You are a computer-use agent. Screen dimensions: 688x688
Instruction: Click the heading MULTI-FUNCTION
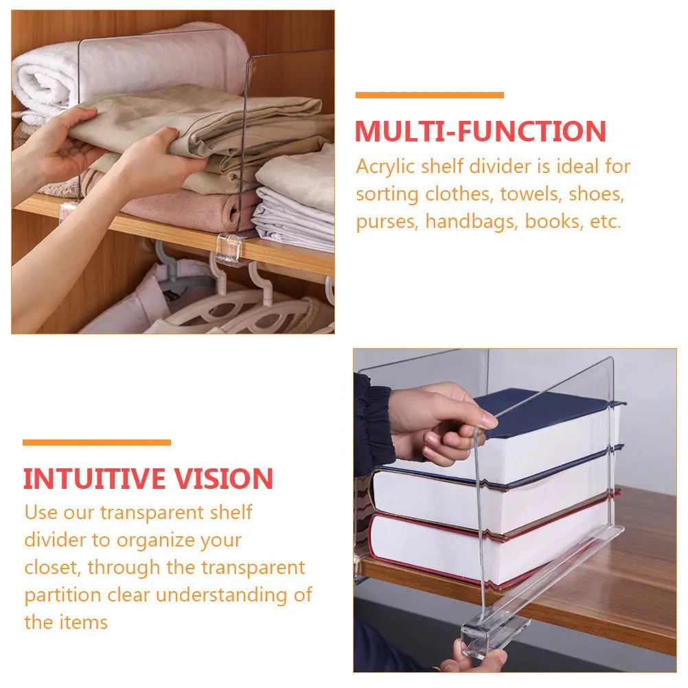(x=480, y=131)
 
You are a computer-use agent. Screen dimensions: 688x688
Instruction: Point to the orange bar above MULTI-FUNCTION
(x=429, y=95)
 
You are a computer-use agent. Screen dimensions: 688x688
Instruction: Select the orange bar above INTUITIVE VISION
(x=97, y=443)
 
